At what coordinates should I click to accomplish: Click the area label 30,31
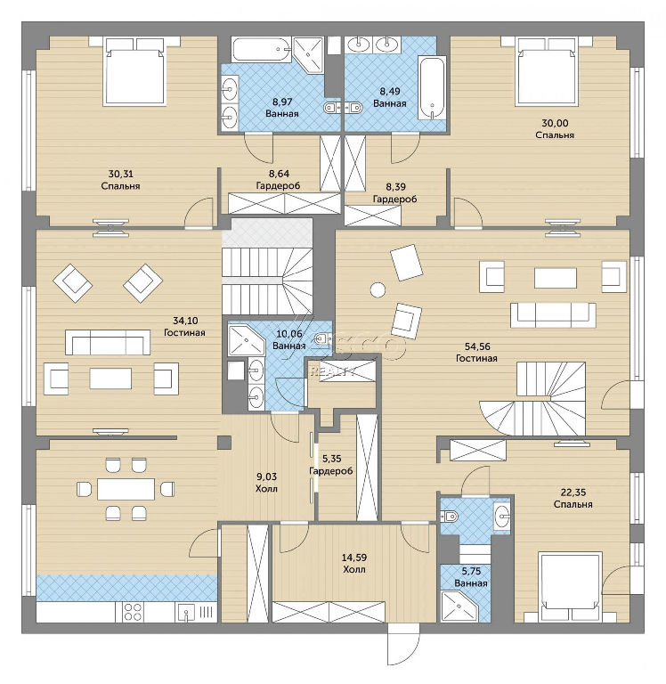point(121,174)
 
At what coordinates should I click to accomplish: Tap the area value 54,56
point(477,346)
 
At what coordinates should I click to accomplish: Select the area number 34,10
point(185,321)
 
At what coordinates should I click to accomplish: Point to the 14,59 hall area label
point(353,558)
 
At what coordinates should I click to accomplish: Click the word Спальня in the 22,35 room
point(573,504)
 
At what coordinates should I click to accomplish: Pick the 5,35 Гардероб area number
point(331,459)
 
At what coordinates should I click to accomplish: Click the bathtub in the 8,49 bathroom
point(432,87)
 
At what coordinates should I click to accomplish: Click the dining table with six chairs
point(126,489)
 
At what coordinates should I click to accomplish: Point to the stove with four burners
point(133,612)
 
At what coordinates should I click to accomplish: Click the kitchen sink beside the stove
point(187,612)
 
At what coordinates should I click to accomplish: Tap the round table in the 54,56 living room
point(378,289)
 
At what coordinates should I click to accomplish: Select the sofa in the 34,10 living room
point(108,342)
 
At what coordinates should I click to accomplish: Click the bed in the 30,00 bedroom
point(547,71)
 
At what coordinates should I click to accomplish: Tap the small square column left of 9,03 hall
point(224,443)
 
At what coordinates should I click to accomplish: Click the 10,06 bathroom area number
point(289,334)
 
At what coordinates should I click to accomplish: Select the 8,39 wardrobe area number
point(395,187)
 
